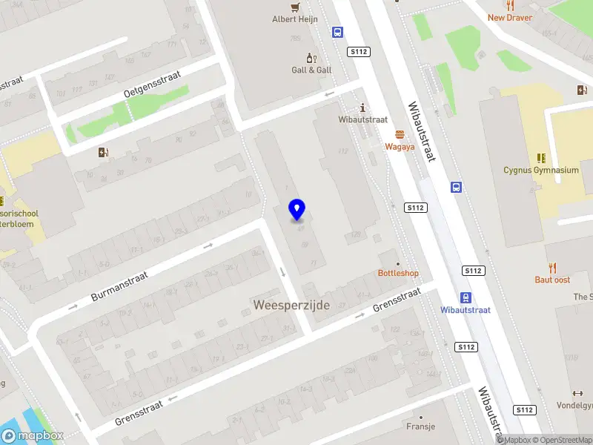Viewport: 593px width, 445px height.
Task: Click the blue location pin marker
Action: (x=297, y=210)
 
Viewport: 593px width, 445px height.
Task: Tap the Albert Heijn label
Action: (x=295, y=19)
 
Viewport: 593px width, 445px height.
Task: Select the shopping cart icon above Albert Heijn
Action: (x=296, y=7)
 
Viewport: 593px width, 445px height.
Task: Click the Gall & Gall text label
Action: (x=311, y=70)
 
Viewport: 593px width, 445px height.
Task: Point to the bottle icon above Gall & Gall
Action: (x=311, y=57)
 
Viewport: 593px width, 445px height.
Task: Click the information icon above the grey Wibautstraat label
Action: (x=362, y=107)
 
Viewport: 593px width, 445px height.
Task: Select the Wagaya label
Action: (x=399, y=147)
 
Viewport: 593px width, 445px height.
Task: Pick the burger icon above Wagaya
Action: (x=400, y=134)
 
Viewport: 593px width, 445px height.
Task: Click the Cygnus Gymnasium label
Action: (x=540, y=170)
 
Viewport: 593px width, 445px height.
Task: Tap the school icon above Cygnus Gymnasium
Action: (x=541, y=157)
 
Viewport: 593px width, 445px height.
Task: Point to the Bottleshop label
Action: (x=398, y=273)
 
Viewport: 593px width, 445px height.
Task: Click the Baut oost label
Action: (x=552, y=280)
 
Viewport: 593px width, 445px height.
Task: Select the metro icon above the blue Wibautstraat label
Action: (x=465, y=297)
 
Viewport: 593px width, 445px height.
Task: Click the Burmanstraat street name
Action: (x=119, y=286)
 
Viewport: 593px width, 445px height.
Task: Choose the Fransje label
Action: (x=420, y=426)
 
